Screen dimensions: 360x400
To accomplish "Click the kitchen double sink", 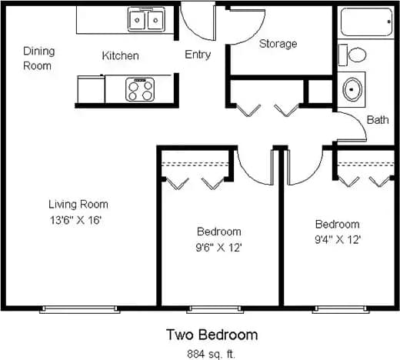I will (x=146, y=18).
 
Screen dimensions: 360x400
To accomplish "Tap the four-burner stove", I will (x=141, y=90).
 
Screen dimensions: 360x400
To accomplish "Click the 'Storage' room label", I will (x=278, y=44).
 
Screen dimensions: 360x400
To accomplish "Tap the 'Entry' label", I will (x=198, y=55).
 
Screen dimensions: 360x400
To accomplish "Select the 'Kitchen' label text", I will (x=121, y=56).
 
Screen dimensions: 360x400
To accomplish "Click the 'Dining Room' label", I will (x=38, y=58).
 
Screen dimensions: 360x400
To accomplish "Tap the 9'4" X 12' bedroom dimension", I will (x=338, y=239).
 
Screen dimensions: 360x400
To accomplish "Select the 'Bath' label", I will (x=377, y=120).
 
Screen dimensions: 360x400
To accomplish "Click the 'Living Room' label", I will (x=78, y=205).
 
